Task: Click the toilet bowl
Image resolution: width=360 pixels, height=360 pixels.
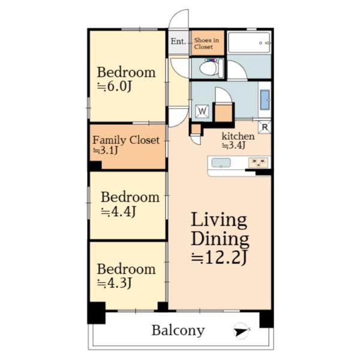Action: pyautogui.click(x=209, y=68)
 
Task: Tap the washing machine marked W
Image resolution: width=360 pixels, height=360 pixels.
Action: pyautogui.click(x=202, y=112)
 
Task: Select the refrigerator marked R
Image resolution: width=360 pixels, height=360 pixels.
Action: pyautogui.click(x=265, y=127)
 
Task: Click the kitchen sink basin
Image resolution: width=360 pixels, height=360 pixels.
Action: pyautogui.click(x=221, y=163)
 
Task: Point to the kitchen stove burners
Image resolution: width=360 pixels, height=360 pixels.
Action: pyautogui.click(x=258, y=163)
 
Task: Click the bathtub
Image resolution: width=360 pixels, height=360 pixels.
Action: pyautogui.click(x=250, y=43)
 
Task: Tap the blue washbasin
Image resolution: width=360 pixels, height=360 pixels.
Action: pyautogui.click(x=265, y=100)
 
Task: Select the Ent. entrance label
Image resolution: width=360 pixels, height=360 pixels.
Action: pyautogui.click(x=178, y=41)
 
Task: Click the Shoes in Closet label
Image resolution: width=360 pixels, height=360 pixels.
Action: pyautogui.click(x=206, y=43)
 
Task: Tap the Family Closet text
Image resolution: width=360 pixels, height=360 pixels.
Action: pyautogui.click(x=126, y=140)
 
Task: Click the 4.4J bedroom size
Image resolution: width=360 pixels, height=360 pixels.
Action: pyautogui.click(x=118, y=212)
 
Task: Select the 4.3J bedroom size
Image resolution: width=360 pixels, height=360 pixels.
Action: pyautogui.click(x=114, y=283)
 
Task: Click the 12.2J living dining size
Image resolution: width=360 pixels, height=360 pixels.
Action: pyautogui.click(x=219, y=257)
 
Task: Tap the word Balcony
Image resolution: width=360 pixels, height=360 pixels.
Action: pyautogui.click(x=178, y=331)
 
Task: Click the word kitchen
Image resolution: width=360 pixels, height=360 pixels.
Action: pyautogui.click(x=238, y=136)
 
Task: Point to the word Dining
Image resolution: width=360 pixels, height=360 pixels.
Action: pyautogui.click(x=220, y=239)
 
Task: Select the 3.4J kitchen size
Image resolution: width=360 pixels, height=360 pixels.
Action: pyautogui.click(x=234, y=145)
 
